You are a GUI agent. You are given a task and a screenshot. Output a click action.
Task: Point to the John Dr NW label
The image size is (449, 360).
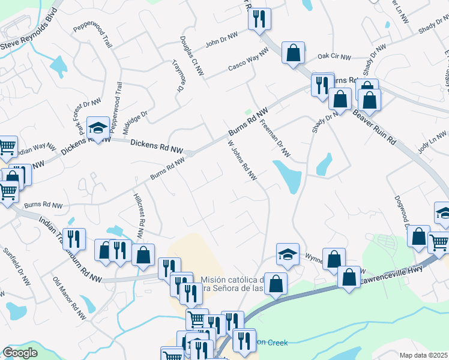click(x=221, y=43)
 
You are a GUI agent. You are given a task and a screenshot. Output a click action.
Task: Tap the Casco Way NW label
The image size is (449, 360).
click(x=247, y=62)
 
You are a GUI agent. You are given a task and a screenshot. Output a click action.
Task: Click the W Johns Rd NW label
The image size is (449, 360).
click(x=241, y=160)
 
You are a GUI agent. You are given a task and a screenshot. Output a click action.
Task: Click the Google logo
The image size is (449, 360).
click(x=20, y=353)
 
